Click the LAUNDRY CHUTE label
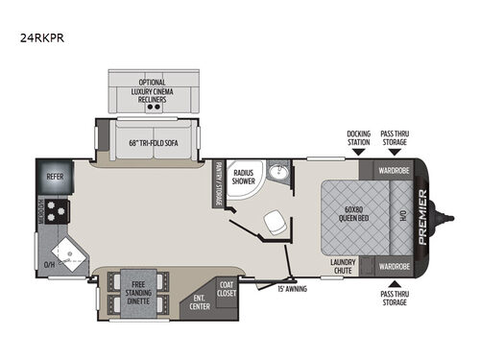point(343,265)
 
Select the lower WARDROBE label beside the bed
point(394,266)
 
